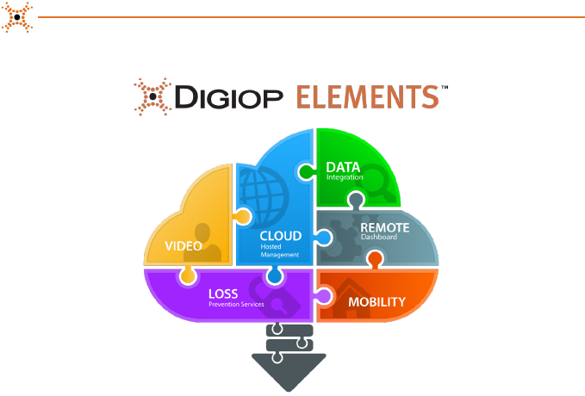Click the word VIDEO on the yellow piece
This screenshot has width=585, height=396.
coord(183,246)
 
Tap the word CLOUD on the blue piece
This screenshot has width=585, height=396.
coord(281,235)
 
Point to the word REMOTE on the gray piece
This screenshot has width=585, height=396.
coord(384,227)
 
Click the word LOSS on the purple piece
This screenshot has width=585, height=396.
coord(223,294)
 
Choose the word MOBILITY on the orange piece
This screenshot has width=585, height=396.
coord(377,303)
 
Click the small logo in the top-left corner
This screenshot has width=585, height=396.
coord(17,16)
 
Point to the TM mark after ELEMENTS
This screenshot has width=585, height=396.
coord(445,87)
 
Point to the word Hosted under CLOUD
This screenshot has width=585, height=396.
coord(271,246)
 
